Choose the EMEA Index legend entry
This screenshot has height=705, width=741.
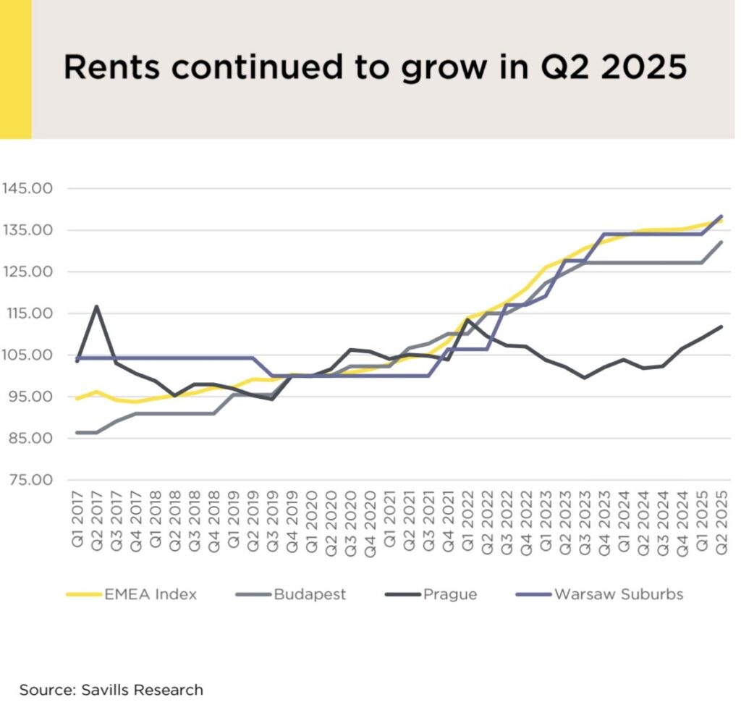tap(132, 595)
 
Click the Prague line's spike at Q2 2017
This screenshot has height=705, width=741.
tap(97, 306)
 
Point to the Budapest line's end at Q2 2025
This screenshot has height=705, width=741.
tap(721, 242)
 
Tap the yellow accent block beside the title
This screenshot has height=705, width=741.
tap(15, 69)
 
